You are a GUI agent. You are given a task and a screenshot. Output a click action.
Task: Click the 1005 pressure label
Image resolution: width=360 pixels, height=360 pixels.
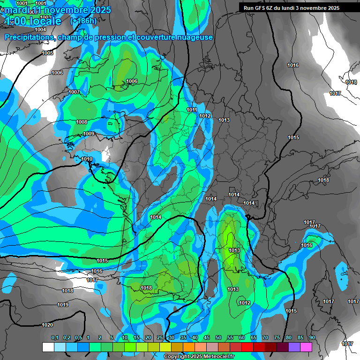point(47,53)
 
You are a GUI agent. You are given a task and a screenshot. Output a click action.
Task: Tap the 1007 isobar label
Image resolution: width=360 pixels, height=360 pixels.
point(74,92)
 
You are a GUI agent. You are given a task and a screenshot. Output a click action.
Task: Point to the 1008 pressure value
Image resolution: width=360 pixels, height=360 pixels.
point(82,122)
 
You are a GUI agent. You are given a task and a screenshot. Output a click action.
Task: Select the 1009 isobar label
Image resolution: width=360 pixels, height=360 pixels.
point(89,134)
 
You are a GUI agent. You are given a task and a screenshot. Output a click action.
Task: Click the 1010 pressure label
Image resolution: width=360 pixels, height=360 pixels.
point(87,159)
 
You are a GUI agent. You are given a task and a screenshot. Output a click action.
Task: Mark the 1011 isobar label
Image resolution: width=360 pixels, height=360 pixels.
point(192,110)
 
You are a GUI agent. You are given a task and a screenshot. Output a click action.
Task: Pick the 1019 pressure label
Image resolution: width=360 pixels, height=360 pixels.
point(63,305)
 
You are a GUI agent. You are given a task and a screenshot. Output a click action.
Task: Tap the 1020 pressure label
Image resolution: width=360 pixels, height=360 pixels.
point(47,325)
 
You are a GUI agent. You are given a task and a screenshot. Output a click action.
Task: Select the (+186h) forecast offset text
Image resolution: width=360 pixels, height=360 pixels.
point(83,21)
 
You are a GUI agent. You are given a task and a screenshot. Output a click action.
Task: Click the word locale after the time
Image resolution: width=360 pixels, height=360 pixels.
point(45,21)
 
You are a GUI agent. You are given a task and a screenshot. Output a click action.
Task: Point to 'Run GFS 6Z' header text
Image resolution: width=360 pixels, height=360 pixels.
point(262,8)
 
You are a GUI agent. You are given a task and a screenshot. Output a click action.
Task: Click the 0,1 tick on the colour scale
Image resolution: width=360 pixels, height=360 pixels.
point(55,338)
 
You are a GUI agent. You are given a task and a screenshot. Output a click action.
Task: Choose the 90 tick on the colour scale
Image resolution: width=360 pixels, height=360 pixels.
point(312,338)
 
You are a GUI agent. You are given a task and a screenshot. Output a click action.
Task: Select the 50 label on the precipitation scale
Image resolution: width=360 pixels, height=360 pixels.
point(218,338)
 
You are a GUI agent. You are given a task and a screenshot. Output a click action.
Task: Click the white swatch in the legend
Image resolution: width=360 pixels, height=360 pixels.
point(48,347)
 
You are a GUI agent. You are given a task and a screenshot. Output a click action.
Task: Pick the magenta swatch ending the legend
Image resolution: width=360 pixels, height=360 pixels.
point(306,347)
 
